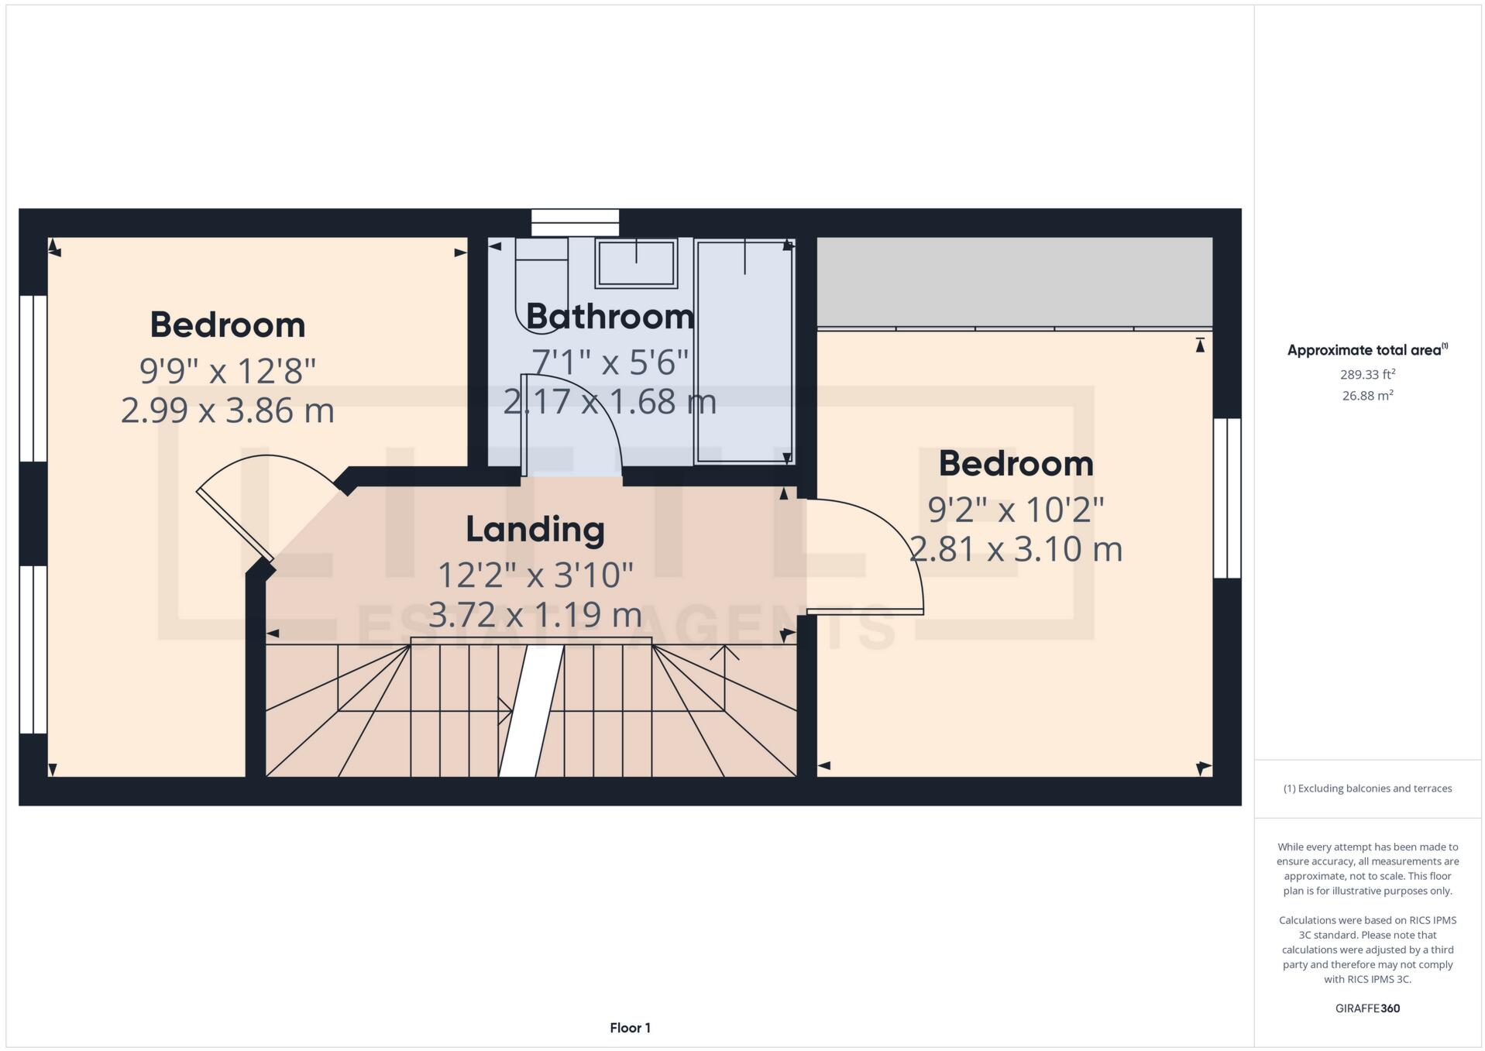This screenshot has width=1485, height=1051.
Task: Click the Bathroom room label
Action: pos(610,317)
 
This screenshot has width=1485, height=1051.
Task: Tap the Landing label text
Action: pos(535,530)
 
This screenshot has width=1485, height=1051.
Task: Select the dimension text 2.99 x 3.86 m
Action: pos(227,410)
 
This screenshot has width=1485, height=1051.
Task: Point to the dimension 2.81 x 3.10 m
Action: pos(1015,550)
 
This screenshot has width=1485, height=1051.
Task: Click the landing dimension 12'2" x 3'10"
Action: pos(535,575)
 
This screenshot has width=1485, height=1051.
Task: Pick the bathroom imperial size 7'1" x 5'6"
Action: pos(610,362)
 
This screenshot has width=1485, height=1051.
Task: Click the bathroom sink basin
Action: pos(635,263)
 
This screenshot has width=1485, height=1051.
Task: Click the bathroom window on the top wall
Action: pos(575,222)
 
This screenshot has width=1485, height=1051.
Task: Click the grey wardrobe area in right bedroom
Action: pos(1014,282)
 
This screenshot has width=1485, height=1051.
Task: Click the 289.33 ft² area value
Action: pos(1367,375)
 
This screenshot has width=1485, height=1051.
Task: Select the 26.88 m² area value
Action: pos(1367,396)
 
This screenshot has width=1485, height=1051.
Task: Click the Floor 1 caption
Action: pos(630,1028)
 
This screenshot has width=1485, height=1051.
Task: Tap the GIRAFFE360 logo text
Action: pos(1367,1008)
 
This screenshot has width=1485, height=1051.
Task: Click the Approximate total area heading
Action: pos(1366,350)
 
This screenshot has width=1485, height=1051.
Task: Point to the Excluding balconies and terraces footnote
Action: pos(1367,788)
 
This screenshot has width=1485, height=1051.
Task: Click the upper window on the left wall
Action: pos(33,378)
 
